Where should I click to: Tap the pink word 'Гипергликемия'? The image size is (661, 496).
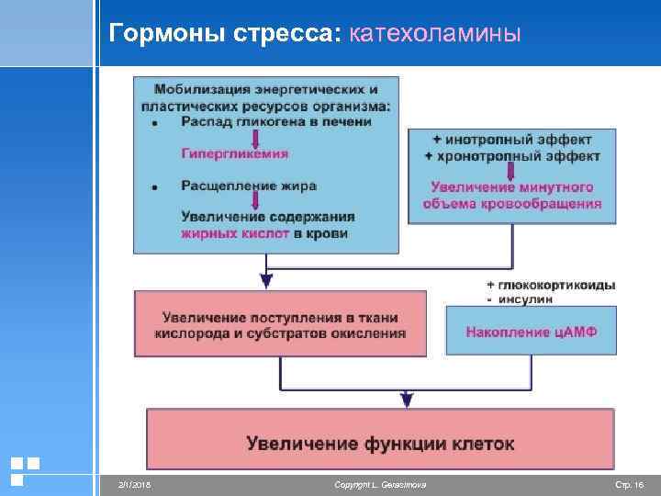point(234,154)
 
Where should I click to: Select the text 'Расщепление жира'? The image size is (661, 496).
point(249,186)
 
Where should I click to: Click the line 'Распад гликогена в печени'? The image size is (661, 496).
point(275,121)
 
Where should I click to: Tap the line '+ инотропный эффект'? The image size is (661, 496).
point(512,140)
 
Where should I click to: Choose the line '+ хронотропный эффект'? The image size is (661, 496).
point(512,156)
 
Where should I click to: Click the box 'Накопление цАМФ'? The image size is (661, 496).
point(531,331)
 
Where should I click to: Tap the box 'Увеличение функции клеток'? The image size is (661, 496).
point(380,444)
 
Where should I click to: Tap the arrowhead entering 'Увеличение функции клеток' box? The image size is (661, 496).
point(407,401)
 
